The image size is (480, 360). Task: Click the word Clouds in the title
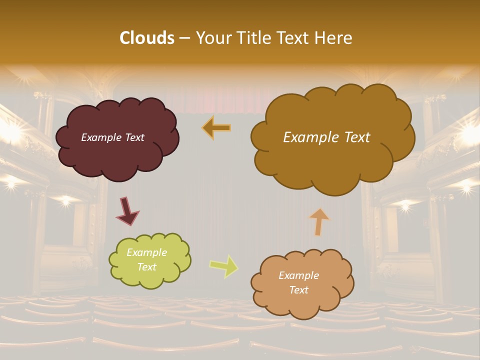(146, 38)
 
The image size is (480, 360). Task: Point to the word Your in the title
(212, 38)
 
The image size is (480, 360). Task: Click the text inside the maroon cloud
(112, 137)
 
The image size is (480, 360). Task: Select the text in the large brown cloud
(326, 137)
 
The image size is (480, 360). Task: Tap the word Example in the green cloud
(146, 252)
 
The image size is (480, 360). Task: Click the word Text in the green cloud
(146, 267)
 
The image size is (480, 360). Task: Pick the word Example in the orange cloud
(298, 275)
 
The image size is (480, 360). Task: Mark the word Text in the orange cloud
(298, 290)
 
